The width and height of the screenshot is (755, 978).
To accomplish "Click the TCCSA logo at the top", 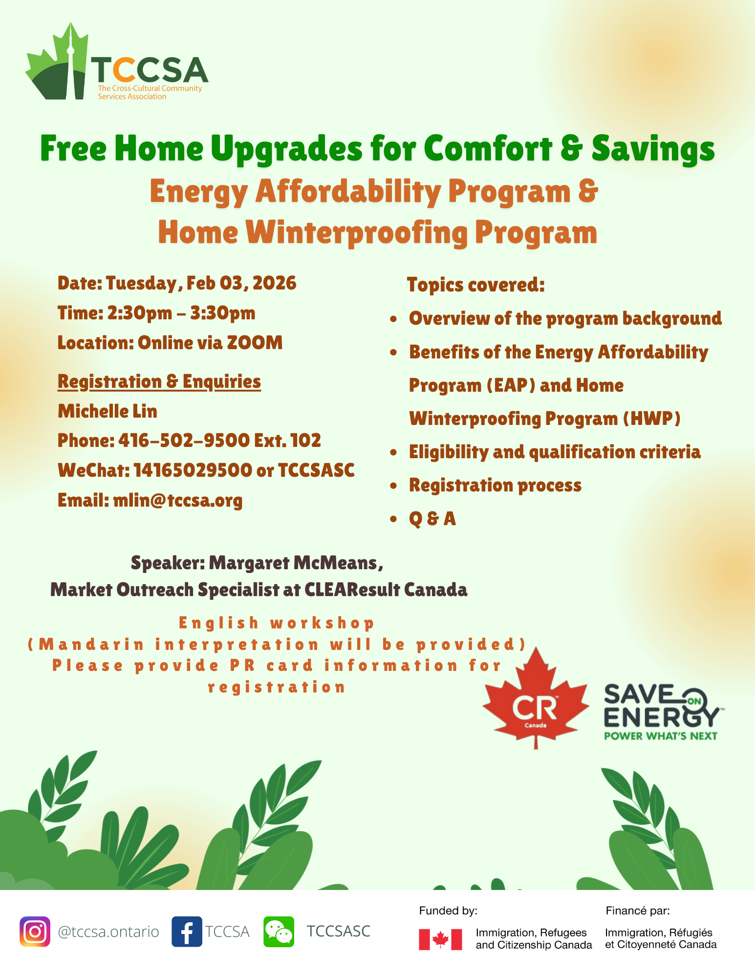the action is [x=117, y=62].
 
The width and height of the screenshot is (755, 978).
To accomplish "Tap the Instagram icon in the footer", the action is [x=35, y=932].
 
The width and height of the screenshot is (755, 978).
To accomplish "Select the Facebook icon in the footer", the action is [x=187, y=932].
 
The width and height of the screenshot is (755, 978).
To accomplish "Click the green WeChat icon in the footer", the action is [x=279, y=932].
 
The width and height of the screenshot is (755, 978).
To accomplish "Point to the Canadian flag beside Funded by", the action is [x=440, y=939].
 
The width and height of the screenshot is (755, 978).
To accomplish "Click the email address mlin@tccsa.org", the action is [x=178, y=500].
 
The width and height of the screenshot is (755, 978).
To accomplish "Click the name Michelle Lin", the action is [x=108, y=411].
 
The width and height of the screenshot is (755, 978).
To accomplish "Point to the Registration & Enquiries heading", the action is [x=159, y=381].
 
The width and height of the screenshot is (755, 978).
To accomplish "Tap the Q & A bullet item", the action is [x=432, y=518].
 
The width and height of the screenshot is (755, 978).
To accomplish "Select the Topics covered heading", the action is [x=476, y=285].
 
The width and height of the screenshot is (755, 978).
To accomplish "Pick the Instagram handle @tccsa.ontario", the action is [x=108, y=932].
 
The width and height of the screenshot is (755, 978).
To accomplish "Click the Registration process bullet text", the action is [x=496, y=485].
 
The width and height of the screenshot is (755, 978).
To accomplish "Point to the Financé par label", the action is [x=638, y=911].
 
